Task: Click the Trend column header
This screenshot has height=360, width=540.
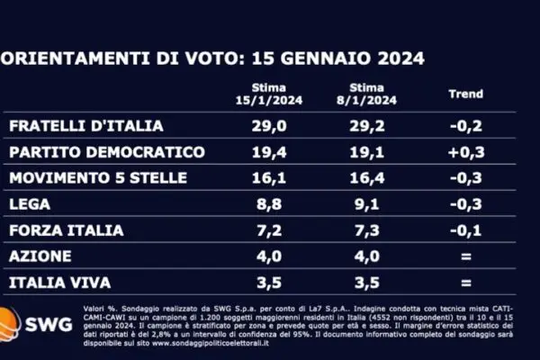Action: tap(465, 94)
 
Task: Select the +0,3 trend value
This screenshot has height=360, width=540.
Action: tap(465, 152)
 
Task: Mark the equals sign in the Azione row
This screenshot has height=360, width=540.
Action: tap(465, 256)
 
